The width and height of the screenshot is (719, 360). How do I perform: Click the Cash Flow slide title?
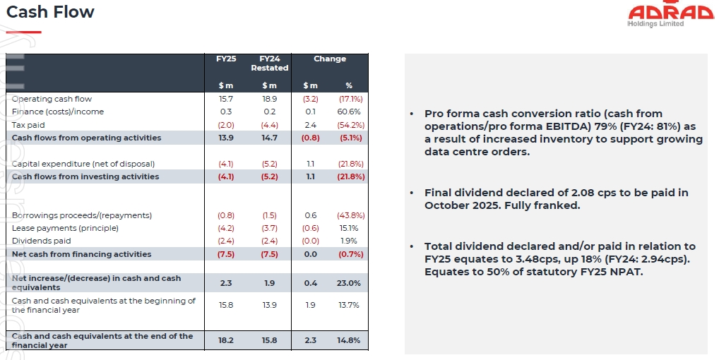[x=50, y=12]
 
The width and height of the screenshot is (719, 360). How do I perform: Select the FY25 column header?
[x=226, y=59]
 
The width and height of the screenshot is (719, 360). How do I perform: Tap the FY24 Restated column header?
[x=269, y=63]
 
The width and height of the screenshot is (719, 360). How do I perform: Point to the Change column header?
[x=330, y=59]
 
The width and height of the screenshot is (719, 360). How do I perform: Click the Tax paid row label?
[x=29, y=125]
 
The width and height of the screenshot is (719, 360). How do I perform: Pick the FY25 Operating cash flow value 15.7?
[x=226, y=100]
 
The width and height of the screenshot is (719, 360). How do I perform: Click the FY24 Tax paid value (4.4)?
[x=269, y=125]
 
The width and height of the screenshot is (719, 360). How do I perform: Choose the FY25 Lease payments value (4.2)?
[x=226, y=229]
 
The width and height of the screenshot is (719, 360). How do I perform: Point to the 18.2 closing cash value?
[x=226, y=340]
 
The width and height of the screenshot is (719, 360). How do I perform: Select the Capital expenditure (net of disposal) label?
[x=83, y=164]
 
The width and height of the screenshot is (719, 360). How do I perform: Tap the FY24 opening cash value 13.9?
[x=269, y=305]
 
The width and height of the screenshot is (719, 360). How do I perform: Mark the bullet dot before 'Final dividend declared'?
[x=411, y=193]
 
